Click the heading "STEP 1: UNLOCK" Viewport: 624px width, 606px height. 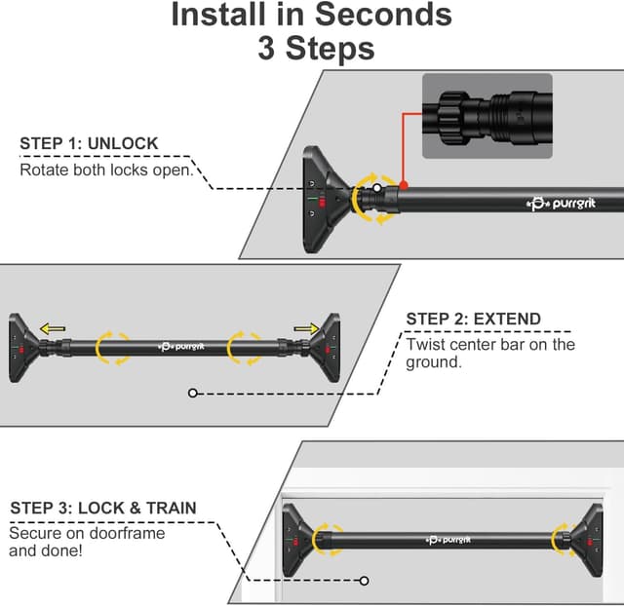coord(89,144)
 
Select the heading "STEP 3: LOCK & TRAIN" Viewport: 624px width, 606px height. coord(103,509)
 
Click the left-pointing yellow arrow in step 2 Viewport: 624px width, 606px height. coord(55,329)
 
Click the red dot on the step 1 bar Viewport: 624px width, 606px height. coord(405,184)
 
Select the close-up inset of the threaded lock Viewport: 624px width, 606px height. coord(487,116)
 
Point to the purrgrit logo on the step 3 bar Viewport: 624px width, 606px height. coord(451,539)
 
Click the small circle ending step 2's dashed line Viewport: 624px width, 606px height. coord(193,393)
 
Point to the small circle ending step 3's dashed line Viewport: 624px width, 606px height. coord(364,581)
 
